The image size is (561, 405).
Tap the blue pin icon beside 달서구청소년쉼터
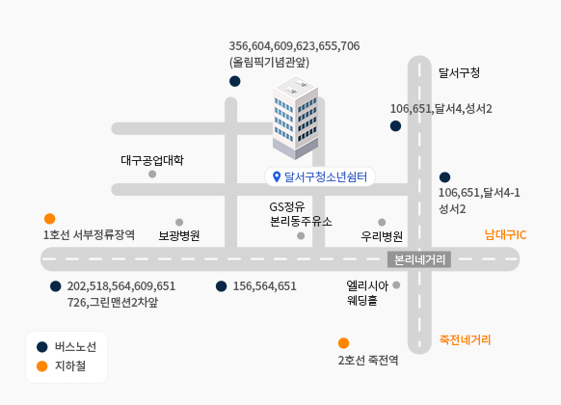click(x=277, y=176)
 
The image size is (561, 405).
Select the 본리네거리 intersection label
click(x=419, y=259)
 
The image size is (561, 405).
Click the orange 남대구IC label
click(x=505, y=234)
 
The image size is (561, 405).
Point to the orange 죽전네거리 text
click(x=465, y=339)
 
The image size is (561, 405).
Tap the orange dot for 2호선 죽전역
click(x=343, y=343)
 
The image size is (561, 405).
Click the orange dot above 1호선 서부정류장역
click(x=50, y=219)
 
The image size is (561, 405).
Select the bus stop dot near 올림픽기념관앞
click(x=234, y=81)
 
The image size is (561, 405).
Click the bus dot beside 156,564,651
click(x=221, y=286)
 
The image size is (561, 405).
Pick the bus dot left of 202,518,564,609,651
click(x=56, y=286)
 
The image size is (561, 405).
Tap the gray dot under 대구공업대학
click(x=152, y=175)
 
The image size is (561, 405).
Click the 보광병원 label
click(x=179, y=235)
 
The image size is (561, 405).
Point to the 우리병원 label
click(x=382, y=236)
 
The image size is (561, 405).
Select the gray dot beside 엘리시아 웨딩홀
click(x=396, y=285)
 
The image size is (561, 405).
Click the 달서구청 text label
click(x=459, y=73)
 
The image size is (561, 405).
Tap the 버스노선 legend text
click(x=75, y=347)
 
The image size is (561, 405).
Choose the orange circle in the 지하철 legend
click(x=42, y=366)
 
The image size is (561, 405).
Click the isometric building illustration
click(x=296, y=118)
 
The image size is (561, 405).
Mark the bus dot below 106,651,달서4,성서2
click(x=395, y=126)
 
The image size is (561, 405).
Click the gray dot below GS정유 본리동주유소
click(x=301, y=236)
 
